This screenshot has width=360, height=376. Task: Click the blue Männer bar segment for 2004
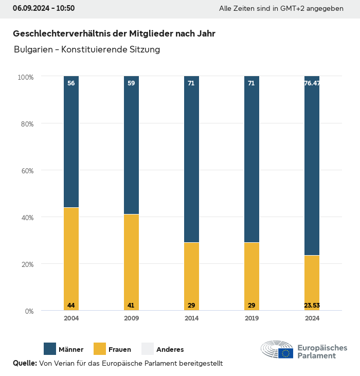[x=71, y=142]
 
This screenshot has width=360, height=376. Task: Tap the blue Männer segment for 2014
[x=191, y=159]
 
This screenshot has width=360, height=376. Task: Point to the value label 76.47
[x=312, y=83]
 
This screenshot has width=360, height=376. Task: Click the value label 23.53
[x=312, y=306]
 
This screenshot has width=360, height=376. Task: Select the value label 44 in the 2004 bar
[x=71, y=306]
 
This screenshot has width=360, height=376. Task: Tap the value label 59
[x=131, y=83]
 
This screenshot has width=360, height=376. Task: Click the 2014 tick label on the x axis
[x=191, y=318]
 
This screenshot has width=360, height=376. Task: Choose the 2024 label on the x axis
[x=312, y=318]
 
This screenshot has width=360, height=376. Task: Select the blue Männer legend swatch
[x=50, y=349]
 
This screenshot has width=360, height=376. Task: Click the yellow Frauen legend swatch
[x=99, y=349]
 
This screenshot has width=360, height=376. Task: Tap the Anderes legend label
[x=170, y=350]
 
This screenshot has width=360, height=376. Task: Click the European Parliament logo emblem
[x=277, y=350]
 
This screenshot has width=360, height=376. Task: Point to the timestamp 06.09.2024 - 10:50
[x=44, y=8]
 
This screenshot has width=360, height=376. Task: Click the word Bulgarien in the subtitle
[x=31, y=50]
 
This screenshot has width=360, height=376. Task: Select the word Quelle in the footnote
[x=25, y=363]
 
